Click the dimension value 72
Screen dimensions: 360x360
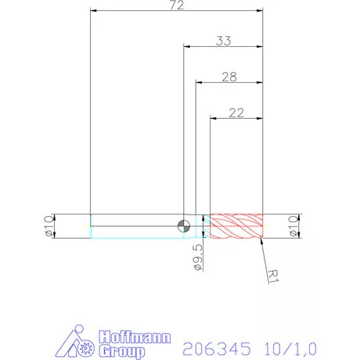click(176, 6)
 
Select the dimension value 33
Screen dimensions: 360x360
click(223, 41)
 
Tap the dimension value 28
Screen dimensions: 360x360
click(229, 77)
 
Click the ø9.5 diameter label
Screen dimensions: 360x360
click(198, 256)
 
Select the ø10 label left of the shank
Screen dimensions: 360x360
click(48, 225)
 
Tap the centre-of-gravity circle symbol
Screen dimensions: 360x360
click(183, 225)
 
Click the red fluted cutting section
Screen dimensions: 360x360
click(237, 225)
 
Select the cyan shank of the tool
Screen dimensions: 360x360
click(137, 225)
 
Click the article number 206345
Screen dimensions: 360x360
click(214, 345)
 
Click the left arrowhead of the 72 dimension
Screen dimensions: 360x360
click(94, 12)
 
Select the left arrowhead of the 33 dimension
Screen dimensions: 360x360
click(186, 47)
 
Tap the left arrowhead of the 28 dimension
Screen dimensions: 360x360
click(198, 82)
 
